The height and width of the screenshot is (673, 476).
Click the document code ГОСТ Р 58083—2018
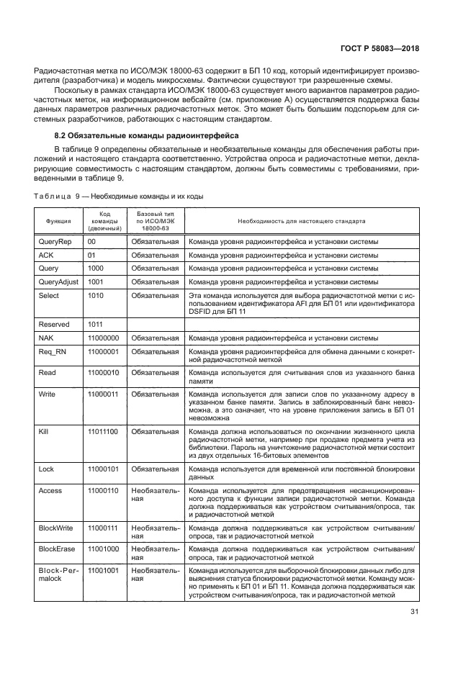(x=382, y=48)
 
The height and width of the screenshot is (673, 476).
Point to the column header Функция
(x=58, y=221)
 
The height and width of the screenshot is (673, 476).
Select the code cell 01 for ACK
(x=91, y=255)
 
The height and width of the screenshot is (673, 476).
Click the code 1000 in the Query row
(x=96, y=268)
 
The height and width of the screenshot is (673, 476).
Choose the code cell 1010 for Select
(x=96, y=295)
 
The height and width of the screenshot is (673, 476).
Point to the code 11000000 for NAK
(x=103, y=338)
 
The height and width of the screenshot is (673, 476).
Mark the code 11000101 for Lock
(x=103, y=469)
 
